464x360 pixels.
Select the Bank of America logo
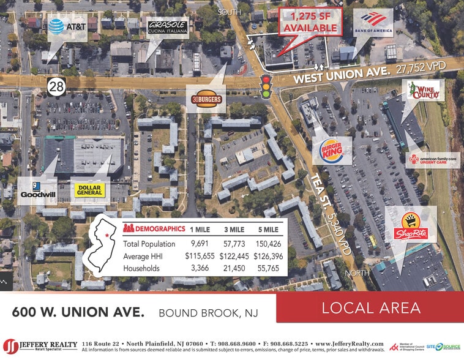[x=372, y=23]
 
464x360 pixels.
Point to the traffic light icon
[x=266, y=87]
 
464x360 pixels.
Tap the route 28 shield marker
[x=56, y=87]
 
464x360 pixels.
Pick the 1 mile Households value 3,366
[x=196, y=268]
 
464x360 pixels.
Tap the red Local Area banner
[x=369, y=307]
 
